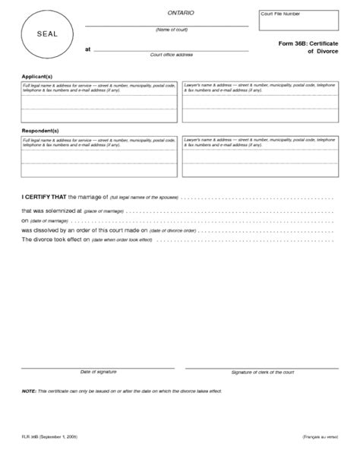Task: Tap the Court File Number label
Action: coord(280,14)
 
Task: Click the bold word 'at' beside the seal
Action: coord(87,49)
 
